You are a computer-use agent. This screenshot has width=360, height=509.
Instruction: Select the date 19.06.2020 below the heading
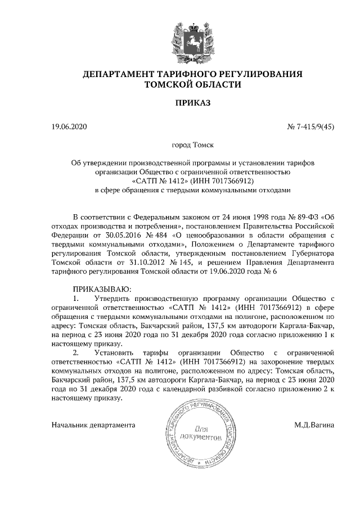[x=68, y=127]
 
